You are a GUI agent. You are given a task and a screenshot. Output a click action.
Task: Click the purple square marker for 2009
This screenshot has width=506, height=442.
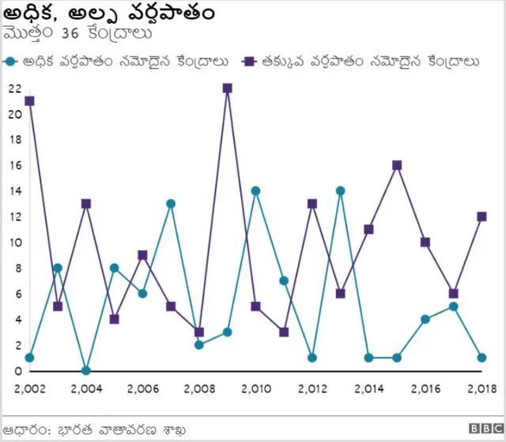coord(227,88)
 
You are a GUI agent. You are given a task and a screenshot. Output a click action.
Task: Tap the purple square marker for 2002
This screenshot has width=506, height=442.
coord(29,101)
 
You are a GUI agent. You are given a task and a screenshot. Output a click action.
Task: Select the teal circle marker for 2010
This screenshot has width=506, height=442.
coord(255,191)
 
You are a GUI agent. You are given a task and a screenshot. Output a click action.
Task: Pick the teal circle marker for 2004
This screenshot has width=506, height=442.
coord(85,371)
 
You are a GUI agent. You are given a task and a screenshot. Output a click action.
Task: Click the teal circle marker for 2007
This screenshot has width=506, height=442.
coord(171,204)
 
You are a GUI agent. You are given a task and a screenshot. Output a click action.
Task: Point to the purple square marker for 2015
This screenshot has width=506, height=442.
coord(397,165)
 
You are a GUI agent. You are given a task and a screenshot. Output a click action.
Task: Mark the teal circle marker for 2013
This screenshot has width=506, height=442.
coord(340,191)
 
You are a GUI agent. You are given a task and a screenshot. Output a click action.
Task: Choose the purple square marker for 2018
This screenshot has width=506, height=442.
coord(481,216)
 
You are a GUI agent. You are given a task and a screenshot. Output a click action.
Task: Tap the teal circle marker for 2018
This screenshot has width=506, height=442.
coord(481,358)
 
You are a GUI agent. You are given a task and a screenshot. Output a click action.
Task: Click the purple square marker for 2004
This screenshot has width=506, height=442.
coord(85,204)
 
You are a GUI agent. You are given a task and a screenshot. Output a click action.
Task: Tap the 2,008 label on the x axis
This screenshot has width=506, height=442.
coord(198,389)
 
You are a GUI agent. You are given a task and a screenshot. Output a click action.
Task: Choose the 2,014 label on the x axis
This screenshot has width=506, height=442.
coord(368,389)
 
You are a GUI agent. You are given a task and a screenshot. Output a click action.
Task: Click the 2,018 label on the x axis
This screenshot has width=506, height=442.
coord(481,389)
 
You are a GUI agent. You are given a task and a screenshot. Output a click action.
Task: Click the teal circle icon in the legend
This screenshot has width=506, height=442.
coord(11,61)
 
